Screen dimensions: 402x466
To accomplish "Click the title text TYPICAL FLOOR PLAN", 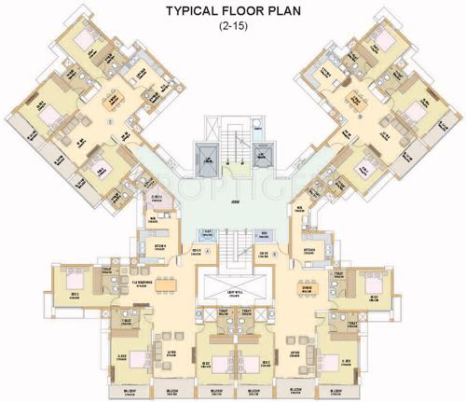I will tap(233, 12).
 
